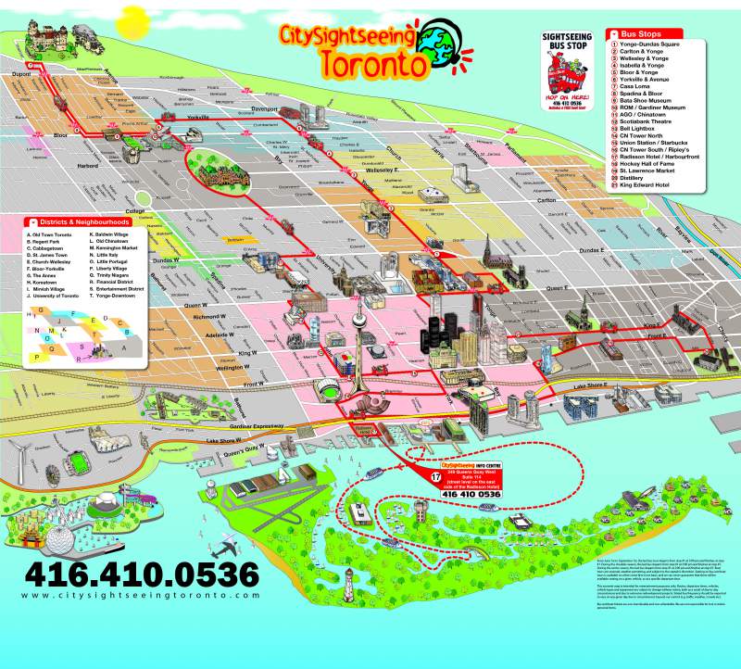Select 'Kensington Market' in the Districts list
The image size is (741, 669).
[117, 248]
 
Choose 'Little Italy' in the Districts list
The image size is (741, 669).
[107, 255]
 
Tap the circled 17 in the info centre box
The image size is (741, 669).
[434, 476]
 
